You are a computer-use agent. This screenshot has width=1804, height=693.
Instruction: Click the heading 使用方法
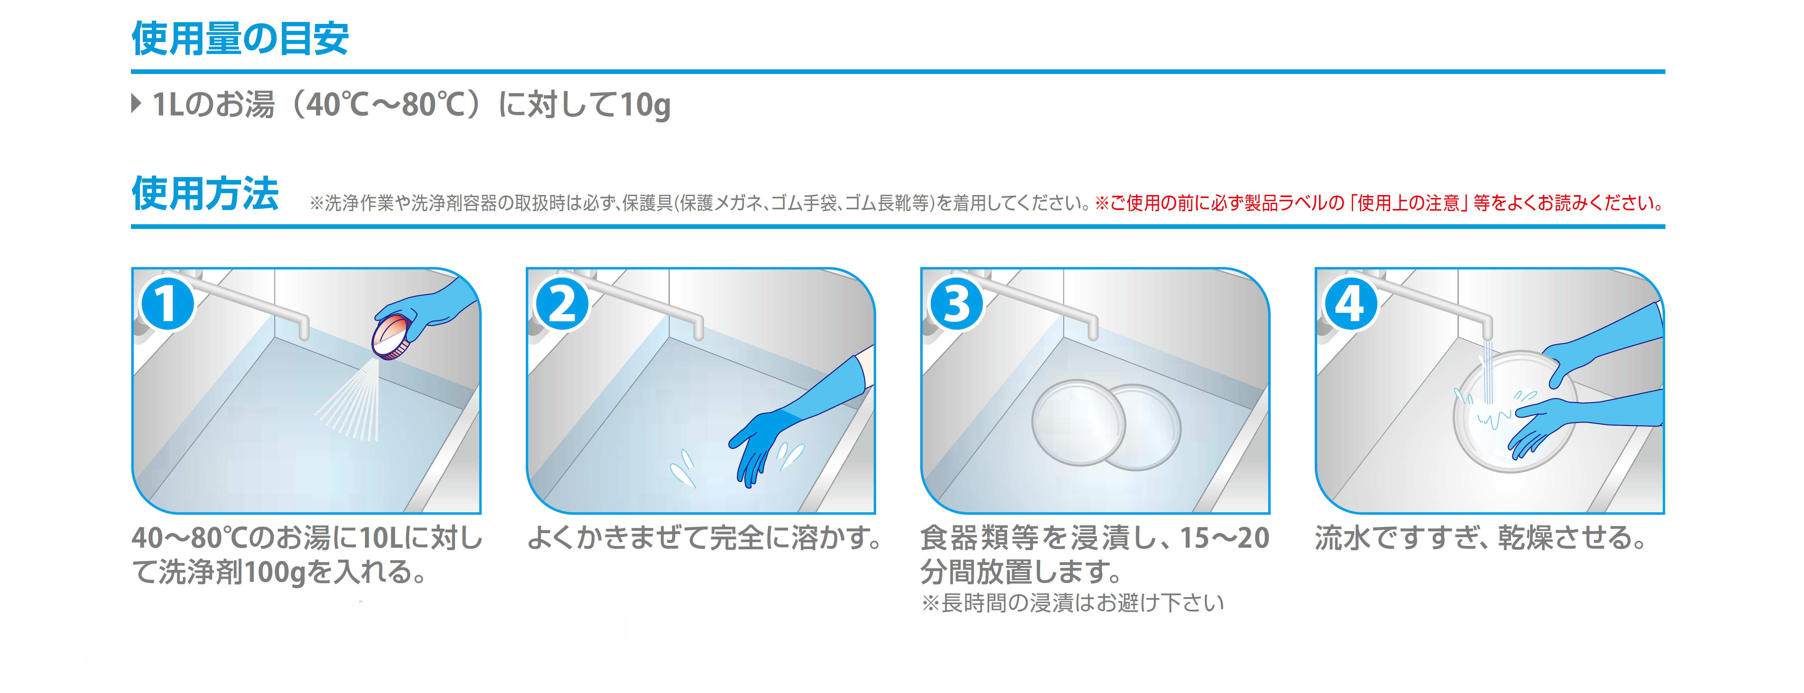pyautogui.click(x=205, y=193)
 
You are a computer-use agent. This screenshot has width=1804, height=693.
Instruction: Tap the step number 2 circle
pyautogui.click(x=562, y=304)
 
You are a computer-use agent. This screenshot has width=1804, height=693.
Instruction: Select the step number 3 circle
pyautogui.click(x=956, y=304)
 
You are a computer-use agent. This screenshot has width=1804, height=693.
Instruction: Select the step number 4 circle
pyautogui.click(x=1350, y=304)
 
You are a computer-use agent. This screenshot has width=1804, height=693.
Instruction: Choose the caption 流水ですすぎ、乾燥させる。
pyautogui.click(x=1481, y=538)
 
